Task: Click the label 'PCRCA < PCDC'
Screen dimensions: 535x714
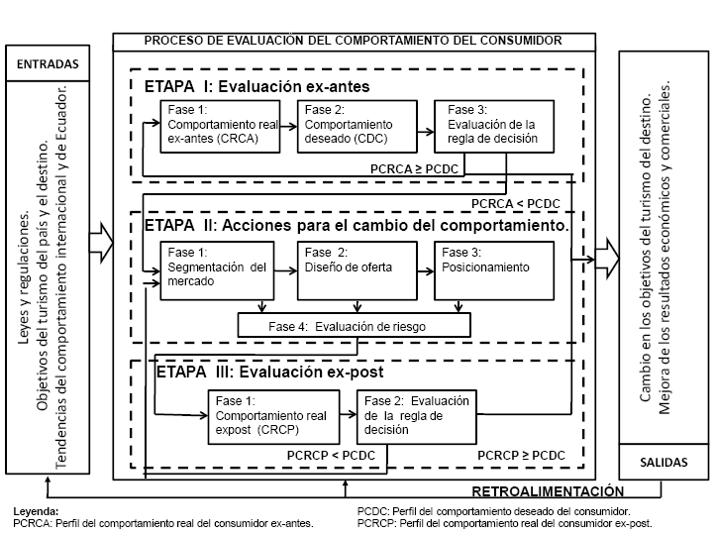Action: point(522,205)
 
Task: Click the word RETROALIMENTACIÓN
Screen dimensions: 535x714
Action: point(548,491)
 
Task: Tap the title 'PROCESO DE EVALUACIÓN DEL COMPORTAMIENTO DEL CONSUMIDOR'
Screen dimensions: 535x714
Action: point(353,41)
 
